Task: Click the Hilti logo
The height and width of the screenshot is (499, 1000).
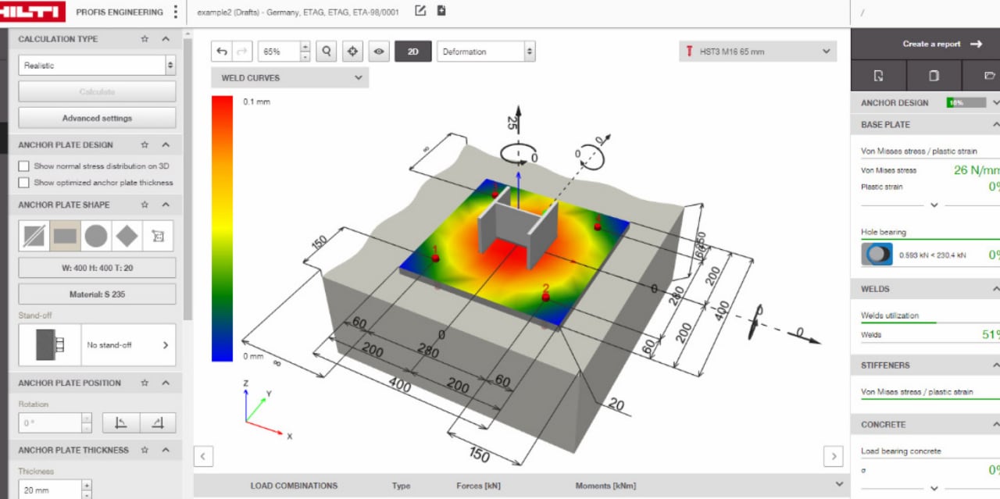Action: (32, 12)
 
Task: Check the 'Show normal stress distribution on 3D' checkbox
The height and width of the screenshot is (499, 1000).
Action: (23, 166)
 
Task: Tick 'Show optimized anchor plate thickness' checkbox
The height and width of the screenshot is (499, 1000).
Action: (23, 183)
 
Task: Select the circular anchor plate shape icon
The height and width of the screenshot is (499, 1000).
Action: (96, 236)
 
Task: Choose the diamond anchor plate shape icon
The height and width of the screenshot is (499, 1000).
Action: (127, 236)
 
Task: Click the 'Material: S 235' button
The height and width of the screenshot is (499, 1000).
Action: (97, 294)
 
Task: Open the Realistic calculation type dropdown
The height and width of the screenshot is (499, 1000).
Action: (97, 66)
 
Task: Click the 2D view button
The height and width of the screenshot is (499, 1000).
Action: (412, 52)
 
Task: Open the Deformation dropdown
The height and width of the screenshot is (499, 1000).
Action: (485, 52)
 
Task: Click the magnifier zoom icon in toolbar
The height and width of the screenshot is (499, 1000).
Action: (327, 52)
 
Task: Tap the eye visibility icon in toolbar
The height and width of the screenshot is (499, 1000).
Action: (379, 52)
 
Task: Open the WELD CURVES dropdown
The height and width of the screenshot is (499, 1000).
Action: (289, 78)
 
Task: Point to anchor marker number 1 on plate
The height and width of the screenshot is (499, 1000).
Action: (436, 257)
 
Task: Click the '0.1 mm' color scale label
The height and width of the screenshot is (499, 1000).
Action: (256, 102)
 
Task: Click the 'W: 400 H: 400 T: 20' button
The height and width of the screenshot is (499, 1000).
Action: (97, 268)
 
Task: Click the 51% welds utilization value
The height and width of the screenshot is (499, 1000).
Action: (989, 335)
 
